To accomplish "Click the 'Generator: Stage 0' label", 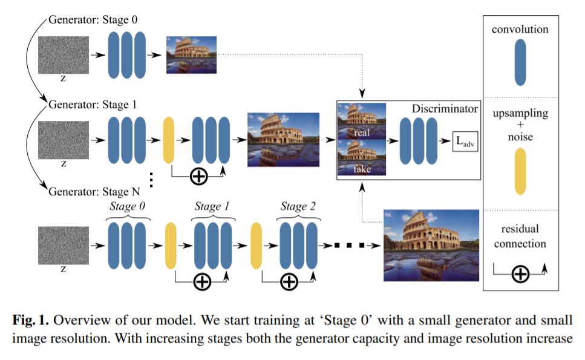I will point(93,20).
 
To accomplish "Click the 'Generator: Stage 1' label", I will point(93,105).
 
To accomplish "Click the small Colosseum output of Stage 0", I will point(191,55).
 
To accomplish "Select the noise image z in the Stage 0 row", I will point(64,55).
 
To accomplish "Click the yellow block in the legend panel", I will point(520,171).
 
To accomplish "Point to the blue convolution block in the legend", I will point(520,62).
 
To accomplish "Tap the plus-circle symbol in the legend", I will point(520,275).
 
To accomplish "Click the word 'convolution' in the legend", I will point(520,29).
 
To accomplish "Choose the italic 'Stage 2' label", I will point(298,207).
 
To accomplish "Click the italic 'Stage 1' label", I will point(212,207).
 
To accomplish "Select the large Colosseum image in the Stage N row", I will point(431,244).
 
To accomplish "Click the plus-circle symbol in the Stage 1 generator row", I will point(198,177).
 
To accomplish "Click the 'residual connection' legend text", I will point(520,237).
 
